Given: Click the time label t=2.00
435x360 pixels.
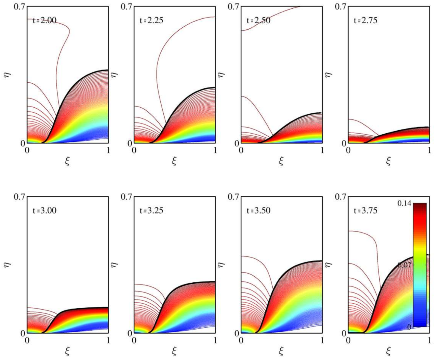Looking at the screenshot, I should [x=45, y=21].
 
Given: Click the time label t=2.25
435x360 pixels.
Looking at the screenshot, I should [x=152, y=21].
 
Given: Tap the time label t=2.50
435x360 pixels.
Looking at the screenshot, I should [x=259, y=21].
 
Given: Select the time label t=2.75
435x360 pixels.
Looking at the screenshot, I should [x=365, y=21].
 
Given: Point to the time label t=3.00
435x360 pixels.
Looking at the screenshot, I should [x=45, y=211].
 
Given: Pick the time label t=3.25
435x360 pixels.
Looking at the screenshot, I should [x=152, y=211].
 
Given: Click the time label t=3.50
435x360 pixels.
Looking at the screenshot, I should [x=259, y=211].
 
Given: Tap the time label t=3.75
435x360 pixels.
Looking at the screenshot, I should [x=365, y=211].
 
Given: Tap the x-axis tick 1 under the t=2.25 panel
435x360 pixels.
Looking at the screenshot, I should [x=215, y=150].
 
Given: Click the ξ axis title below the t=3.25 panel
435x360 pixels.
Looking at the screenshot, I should [x=174, y=351].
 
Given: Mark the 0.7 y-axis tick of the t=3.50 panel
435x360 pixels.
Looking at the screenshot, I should [x=234, y=196].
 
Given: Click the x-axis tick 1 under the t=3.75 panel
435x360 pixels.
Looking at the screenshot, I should [x=429, y=340].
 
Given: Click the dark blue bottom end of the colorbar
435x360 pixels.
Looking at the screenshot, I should [x=420, y=324].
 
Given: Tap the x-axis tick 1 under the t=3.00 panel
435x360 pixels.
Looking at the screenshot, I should [x=108, y=340].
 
